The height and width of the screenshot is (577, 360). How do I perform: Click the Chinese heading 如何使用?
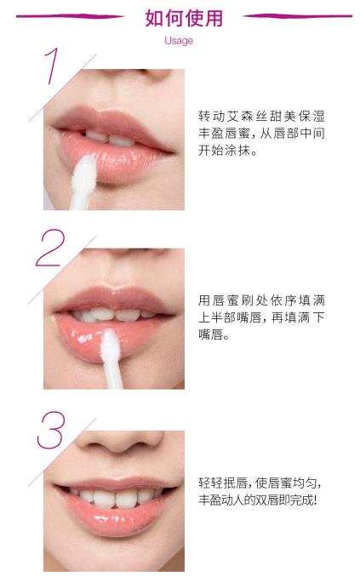[184, 19]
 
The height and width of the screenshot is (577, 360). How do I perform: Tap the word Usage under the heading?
[179, 41]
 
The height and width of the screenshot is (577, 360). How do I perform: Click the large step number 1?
[52, 66]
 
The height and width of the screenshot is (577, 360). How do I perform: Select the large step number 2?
[50, 248]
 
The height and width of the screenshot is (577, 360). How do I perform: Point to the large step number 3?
[51, 430]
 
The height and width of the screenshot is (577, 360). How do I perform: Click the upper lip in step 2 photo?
[114, 300]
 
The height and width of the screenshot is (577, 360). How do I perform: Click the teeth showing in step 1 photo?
[111, 138]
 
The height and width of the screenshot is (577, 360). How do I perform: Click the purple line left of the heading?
[70, 16]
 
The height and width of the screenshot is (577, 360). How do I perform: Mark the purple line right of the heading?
[297, 16]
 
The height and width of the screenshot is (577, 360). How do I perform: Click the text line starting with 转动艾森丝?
[262, 117]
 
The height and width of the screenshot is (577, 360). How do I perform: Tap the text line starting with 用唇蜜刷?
[262, 300]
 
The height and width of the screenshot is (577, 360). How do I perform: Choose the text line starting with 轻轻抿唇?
[260, 483]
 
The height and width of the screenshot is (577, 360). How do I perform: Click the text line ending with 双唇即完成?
[258, 500]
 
